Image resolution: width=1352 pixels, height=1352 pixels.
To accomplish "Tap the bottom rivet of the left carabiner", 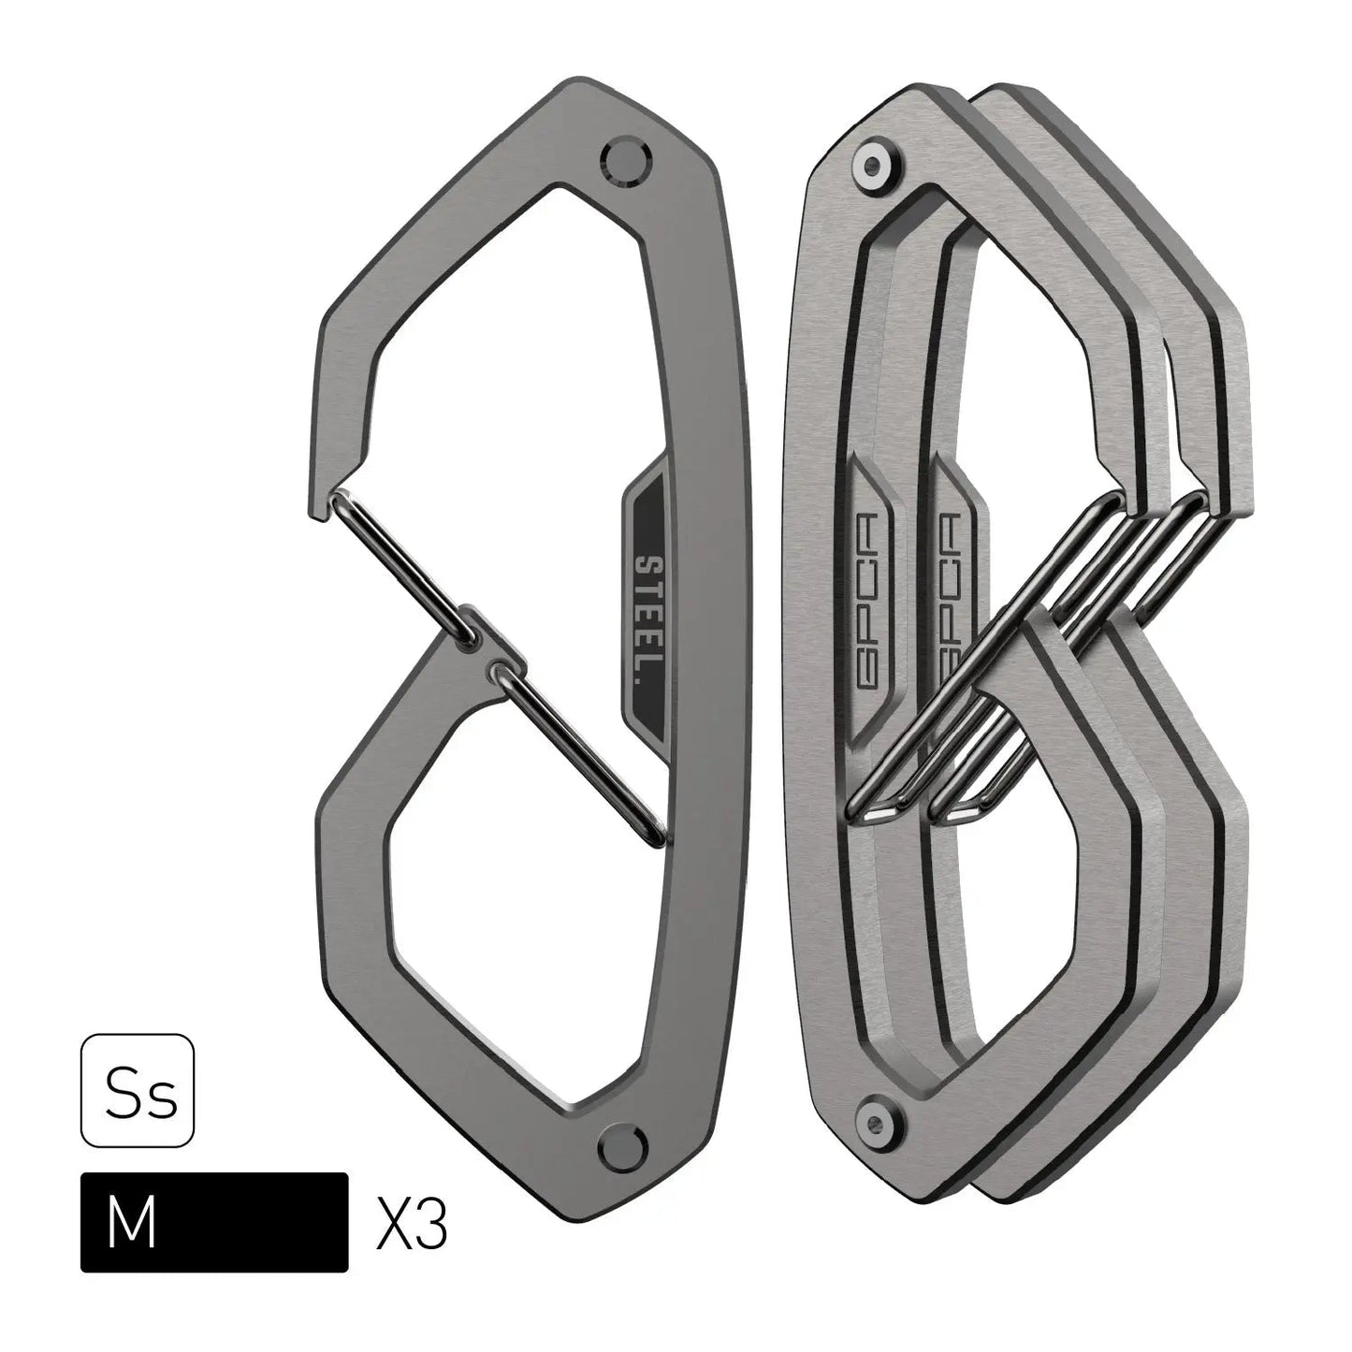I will point(617,1145).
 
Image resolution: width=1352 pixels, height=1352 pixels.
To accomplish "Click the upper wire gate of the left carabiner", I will point(402,561).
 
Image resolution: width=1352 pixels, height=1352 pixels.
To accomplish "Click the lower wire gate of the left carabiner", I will point(575,749).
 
